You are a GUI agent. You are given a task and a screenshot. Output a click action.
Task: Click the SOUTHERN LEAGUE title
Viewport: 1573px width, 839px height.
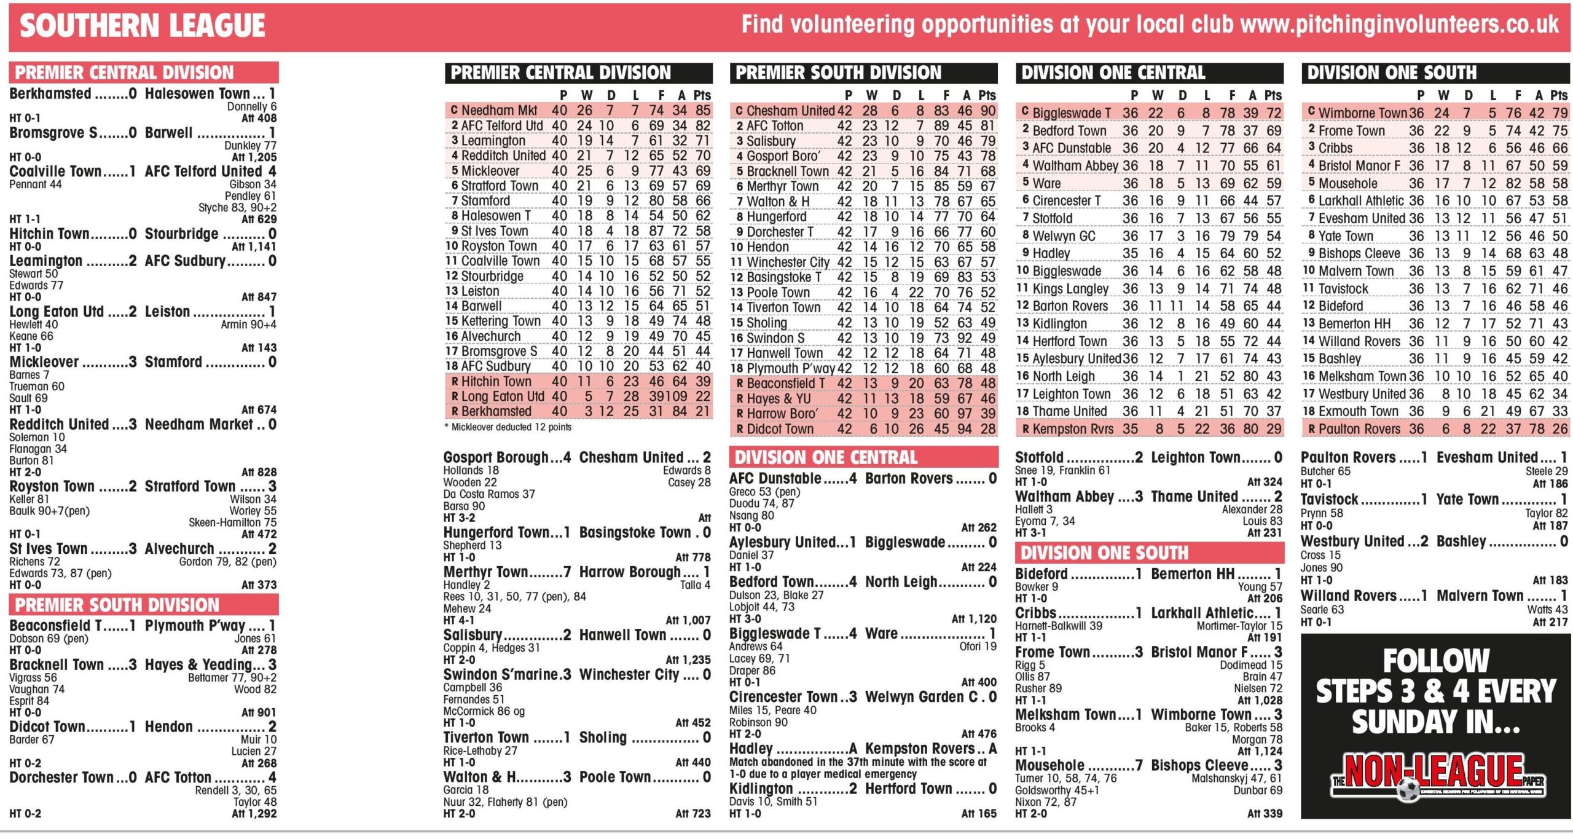[142, 26]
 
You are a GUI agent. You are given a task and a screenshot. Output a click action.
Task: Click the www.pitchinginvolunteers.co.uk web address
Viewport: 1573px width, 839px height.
[1399, 25]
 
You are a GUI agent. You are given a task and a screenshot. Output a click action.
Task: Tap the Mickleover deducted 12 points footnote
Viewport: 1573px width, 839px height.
[511, 427]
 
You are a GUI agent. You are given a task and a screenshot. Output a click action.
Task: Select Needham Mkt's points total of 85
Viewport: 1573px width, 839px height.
[703, 111]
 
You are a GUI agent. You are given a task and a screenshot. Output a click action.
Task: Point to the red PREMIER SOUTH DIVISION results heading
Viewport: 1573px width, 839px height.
[117, 605]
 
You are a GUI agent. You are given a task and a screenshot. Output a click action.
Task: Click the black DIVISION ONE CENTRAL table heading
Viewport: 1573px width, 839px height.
[1113, 73]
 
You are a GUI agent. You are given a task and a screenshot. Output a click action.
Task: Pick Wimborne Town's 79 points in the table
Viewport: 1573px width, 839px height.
[1560, 113]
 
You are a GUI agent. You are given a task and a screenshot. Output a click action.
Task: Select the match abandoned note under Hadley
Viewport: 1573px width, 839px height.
[858, 768]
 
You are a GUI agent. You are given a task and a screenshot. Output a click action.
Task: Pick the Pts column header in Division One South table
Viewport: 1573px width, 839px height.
[1559, 95]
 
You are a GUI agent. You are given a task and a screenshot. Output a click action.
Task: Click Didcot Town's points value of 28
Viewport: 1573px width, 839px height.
[988, 429]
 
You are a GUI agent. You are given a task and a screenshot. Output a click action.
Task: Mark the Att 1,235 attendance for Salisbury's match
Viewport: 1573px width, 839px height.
[688, 660]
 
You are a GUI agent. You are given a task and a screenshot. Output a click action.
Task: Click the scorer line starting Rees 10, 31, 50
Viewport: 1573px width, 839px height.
[514, 596]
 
